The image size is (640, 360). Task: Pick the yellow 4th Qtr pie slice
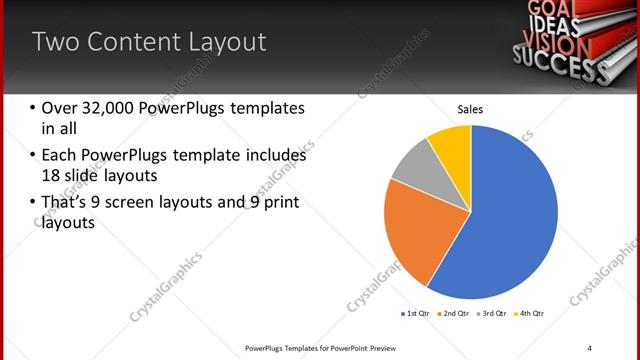tap(452, 145)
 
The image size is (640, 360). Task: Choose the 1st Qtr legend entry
tap(417, 314)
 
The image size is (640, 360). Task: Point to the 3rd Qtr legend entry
tap(493, 314)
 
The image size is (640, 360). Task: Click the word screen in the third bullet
tap(156, 203)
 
